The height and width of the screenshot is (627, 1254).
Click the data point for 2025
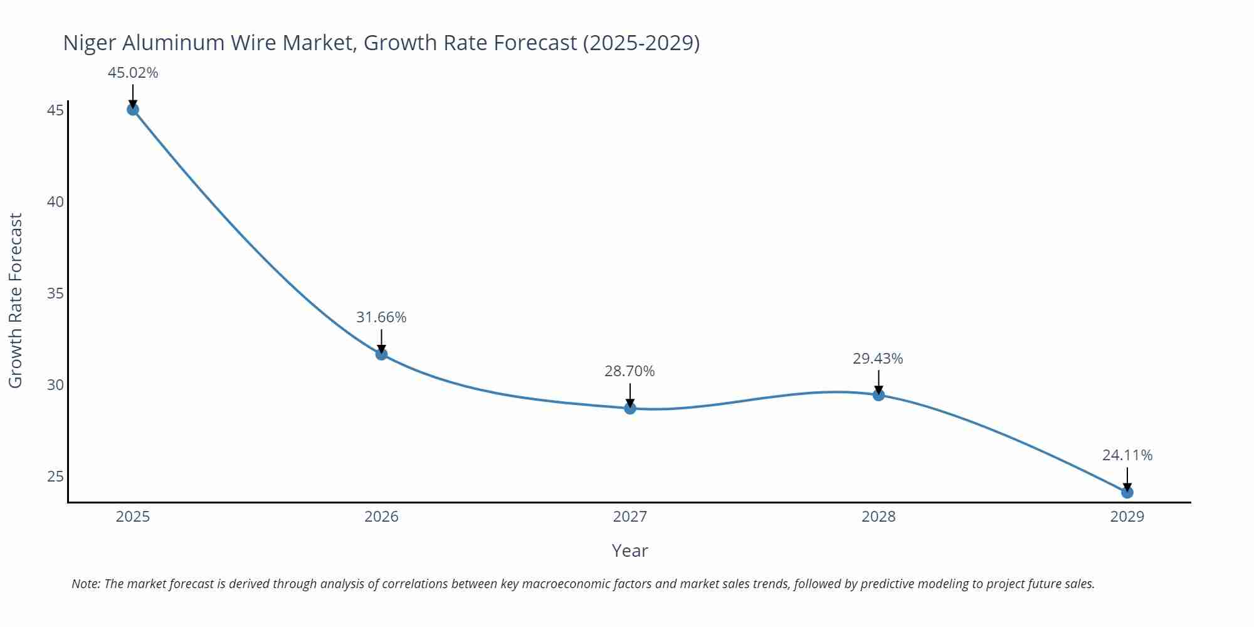click(x=133, y=110)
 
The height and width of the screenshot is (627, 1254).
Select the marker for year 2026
click(x=381, y=354)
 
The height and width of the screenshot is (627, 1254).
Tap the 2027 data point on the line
click(x=630, y=408)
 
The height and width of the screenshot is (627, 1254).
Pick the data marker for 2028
click(x=878, y=395)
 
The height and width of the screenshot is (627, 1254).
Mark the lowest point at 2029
click(x=1127, y=492)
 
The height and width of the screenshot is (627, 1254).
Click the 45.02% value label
click(x=133, y=73)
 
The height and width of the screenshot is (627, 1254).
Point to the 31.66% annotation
click(x=381, y=317)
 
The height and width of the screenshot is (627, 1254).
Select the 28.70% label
click(x=630, y=371)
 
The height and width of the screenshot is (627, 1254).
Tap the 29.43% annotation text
click(x=878, y=359)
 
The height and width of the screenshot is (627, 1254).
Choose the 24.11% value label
click(x=1127, y=455)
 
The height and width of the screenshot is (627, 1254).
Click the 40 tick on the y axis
click(x=56, y=202)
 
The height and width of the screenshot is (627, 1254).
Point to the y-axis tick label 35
click(x=56, y=293)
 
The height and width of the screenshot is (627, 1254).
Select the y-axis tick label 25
click(x=56, y=477)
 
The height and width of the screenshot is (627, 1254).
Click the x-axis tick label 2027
click(x=630, y=517)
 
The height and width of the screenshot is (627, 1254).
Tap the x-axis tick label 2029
click(x=1127, y=517)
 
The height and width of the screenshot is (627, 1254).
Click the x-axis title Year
click(x=630, y=551)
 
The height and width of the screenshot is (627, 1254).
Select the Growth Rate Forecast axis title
click(x=16, y=300)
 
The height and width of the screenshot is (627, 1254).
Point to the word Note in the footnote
click(x=86, y=584)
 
